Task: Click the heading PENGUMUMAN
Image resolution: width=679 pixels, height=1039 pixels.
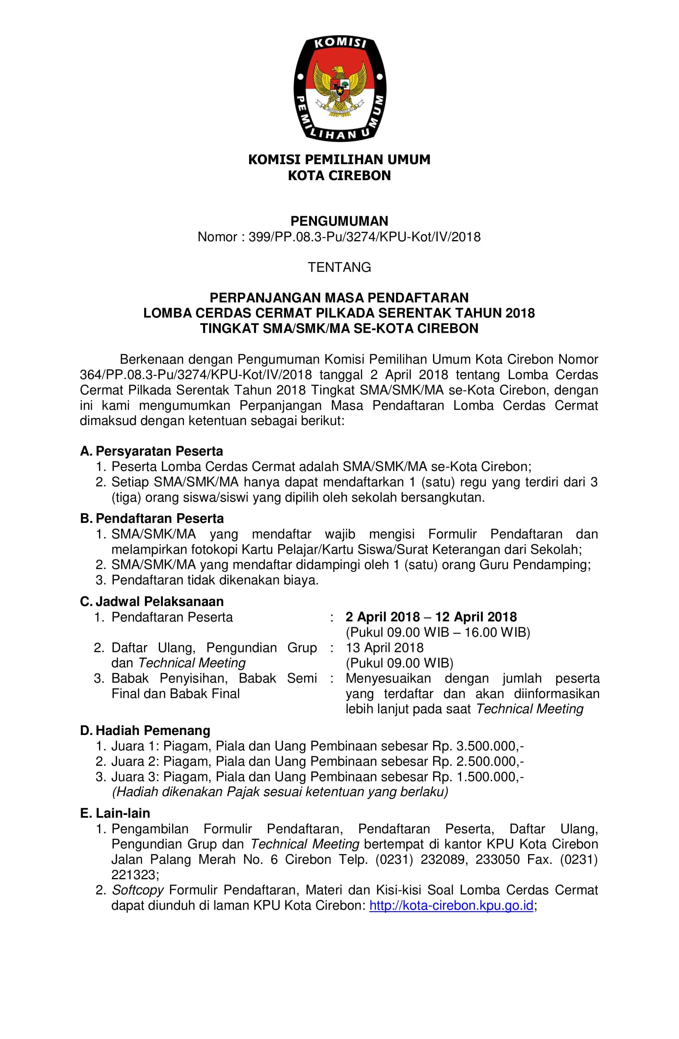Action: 339,221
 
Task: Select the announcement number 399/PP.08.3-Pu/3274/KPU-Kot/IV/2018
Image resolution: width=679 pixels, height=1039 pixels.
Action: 364,237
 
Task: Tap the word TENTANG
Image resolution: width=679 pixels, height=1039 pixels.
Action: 339,267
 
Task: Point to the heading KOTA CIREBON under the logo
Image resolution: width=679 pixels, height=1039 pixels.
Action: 339,175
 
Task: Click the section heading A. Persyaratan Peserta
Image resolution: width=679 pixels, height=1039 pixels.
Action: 151,451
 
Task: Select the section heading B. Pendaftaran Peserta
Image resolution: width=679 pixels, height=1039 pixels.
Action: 152,518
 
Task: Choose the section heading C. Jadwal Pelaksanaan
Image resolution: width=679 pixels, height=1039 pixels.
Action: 152,601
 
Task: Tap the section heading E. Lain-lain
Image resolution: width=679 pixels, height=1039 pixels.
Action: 115,813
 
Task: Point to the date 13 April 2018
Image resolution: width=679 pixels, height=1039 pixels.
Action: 384,648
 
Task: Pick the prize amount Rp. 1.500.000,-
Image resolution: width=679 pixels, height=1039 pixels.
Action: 478,777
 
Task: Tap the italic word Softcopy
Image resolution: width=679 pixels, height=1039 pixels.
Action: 137,890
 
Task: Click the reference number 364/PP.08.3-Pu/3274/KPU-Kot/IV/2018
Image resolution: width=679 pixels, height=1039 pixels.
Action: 196,375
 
